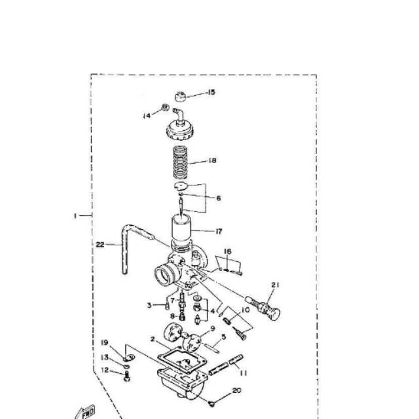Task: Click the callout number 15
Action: [211, 92]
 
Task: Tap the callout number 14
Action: [147, 116]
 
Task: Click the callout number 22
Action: [100, 244]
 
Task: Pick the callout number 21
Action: [275, 284]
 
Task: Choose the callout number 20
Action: [236, 391]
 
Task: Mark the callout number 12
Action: [104, 370]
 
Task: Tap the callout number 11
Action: [243, 373]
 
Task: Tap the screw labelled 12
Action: [125, 376]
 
